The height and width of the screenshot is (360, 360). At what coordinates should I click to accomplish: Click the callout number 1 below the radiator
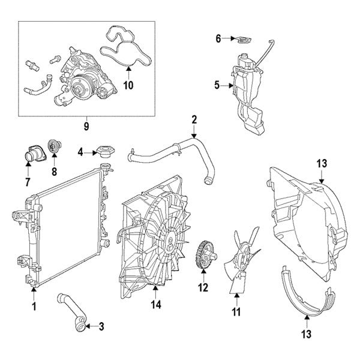pos(34,306)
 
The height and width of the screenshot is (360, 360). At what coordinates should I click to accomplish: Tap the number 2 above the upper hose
pos(194,119)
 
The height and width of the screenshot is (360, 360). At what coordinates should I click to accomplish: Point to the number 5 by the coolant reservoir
pos(217,85)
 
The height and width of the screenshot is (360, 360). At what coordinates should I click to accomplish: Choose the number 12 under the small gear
pos(203,288)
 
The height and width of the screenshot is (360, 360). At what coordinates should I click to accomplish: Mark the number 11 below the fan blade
pos(236,312)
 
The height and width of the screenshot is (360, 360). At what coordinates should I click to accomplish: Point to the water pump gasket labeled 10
pos(127,50)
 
